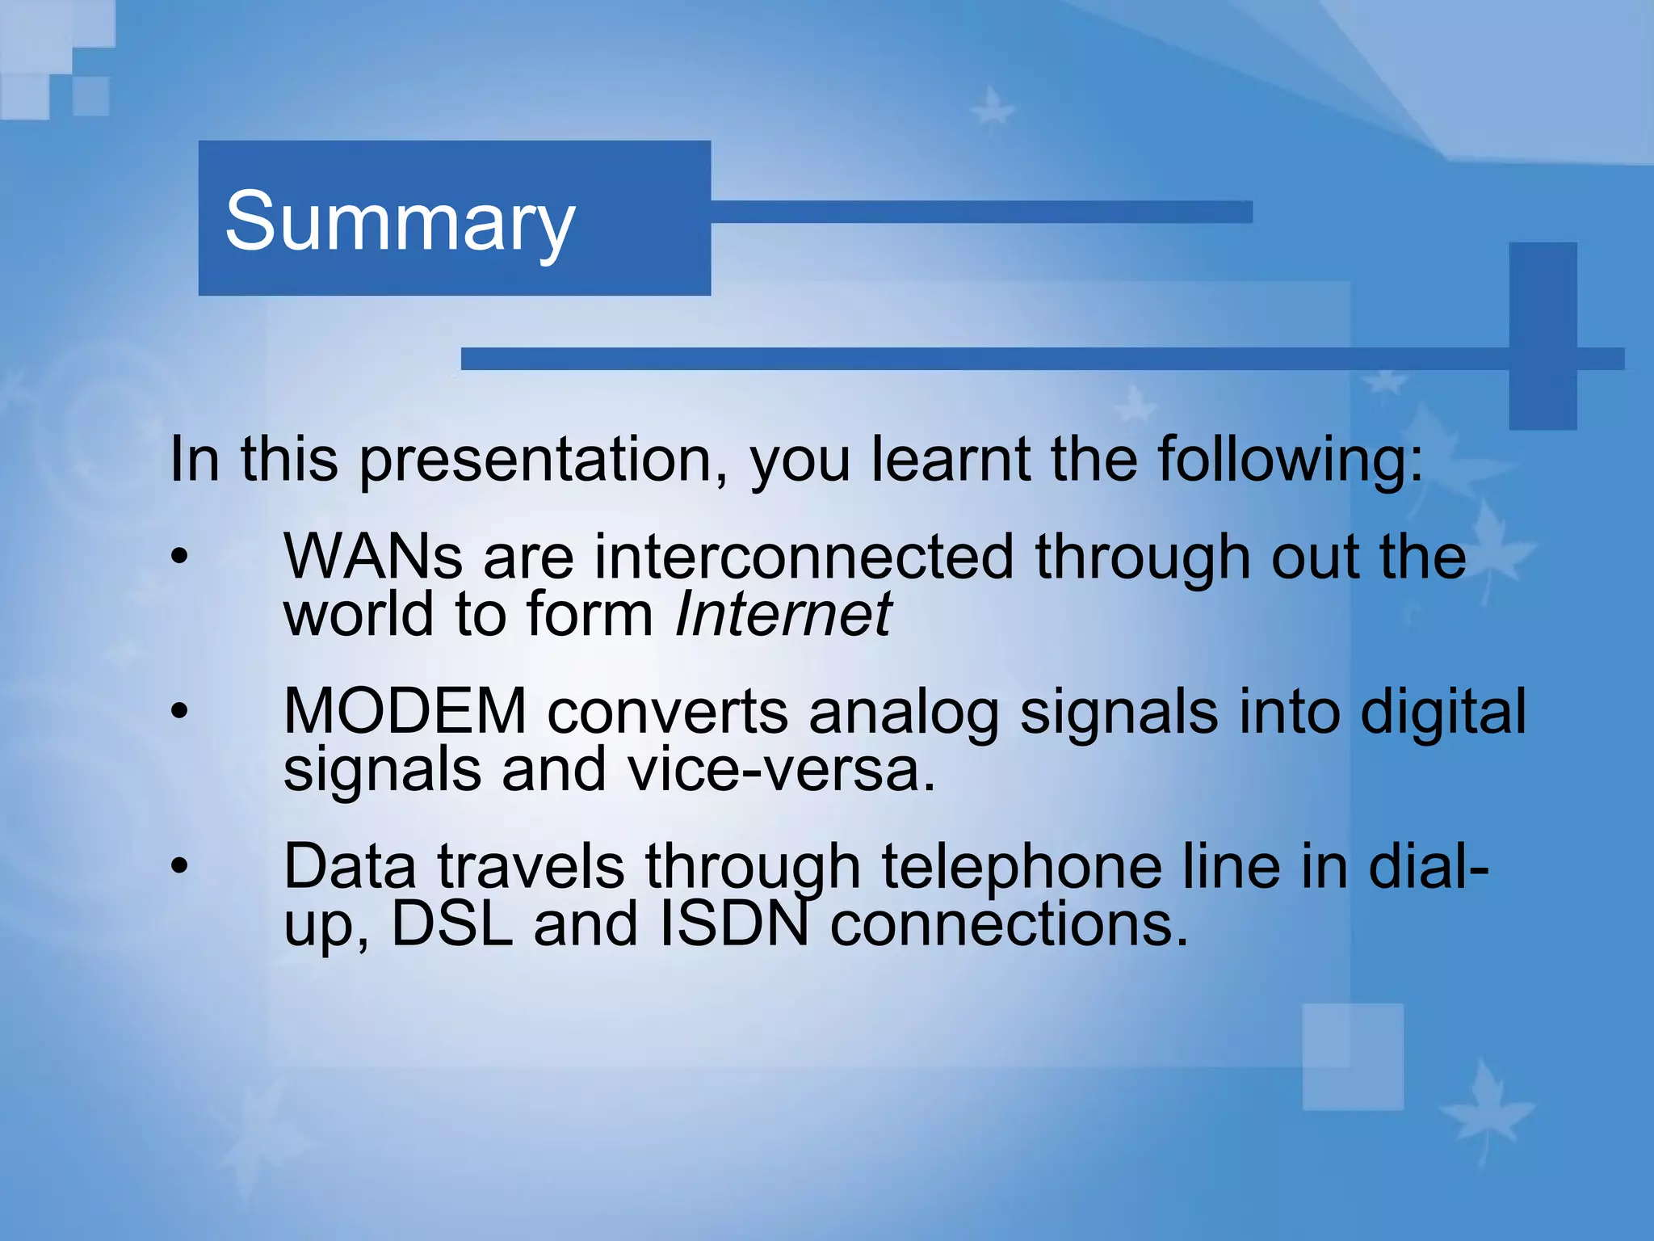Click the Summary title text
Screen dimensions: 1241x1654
(400, 221)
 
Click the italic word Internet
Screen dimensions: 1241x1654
(782, 615)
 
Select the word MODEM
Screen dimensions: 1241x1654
(405, 712)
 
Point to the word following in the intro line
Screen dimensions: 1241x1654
(1290, 460)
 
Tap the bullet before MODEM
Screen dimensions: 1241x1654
(179, 711)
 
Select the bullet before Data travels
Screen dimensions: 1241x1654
(179, 866)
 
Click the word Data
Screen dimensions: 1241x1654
(349, 867)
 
